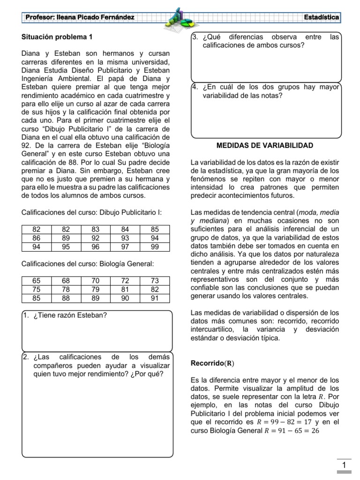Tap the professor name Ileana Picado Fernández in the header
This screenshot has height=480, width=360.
point(80,17)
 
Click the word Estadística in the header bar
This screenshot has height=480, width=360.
point(322,17)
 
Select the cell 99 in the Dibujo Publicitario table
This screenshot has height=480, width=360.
point(155,247)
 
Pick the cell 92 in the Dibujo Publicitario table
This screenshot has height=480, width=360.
point(96,238)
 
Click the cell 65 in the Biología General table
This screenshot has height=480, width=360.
point(36,280)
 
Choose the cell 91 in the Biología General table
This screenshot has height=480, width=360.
point(155,298)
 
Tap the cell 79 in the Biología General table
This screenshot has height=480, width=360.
point(96,289)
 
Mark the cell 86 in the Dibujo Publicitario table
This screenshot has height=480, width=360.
point(36,238)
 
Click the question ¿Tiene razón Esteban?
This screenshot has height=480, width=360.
point(70,315)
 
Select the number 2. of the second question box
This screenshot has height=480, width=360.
point(26,357)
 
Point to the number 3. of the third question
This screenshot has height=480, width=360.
point(195,37)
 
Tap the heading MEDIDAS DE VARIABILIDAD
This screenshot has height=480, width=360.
point(265,146)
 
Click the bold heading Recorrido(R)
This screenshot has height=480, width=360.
point(213,363)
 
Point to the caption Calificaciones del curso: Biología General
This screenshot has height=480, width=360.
point(88,264)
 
